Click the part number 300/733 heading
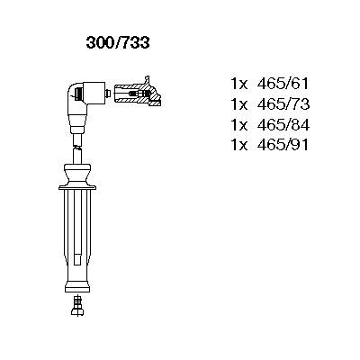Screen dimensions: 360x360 point(118,43)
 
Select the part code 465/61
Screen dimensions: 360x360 point(283,84)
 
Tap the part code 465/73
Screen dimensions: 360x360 point(283,104)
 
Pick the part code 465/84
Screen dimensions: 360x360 point(283,125)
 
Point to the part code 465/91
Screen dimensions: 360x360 point(283,145)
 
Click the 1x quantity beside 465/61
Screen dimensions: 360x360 point(239,85)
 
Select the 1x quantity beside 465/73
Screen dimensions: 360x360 point(239,104)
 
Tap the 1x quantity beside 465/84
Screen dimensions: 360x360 point(239,125)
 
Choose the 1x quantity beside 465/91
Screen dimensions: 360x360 point(239,146)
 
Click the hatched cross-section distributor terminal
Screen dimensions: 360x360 point(137,92)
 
